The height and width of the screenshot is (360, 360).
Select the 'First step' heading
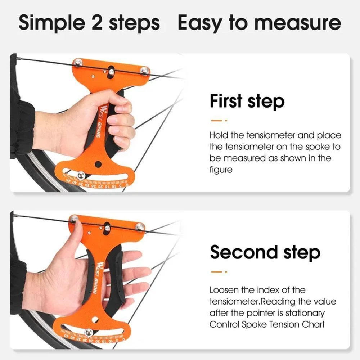click(247, 101)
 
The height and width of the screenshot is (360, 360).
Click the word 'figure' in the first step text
click(221, 170)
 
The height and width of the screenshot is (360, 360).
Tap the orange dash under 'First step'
click(216, 121)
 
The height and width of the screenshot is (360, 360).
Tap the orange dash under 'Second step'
click(216, 272)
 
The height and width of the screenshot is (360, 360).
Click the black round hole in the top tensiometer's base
click(98, 164)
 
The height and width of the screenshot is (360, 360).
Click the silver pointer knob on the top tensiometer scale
click(81, 175)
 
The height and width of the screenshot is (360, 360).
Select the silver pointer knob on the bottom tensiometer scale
click(89, 332)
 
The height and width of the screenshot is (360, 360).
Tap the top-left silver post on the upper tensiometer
click(78, 62)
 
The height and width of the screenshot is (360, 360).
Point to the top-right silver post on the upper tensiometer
click(144, 70)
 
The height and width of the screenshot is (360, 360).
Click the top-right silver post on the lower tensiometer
click(140, 227)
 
